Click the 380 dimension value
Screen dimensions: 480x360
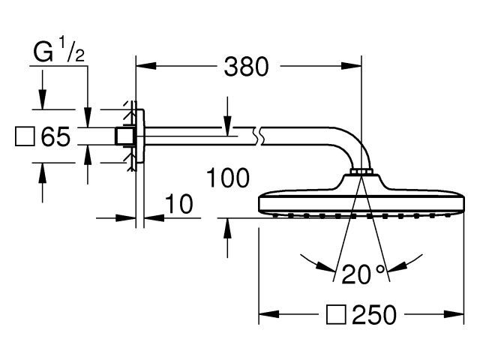[x=247, y=67]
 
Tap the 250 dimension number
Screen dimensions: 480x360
[x=374, y=315]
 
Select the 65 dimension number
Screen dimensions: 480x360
[x=55, y=136]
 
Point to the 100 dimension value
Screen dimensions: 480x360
[x=228, y=178]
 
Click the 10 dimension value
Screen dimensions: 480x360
[x=179, y=204]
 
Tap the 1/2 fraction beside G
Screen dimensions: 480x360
[x=71, y=50]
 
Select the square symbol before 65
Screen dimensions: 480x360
[x=25, y=136]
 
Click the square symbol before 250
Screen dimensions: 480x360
[x=336, y=315]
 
